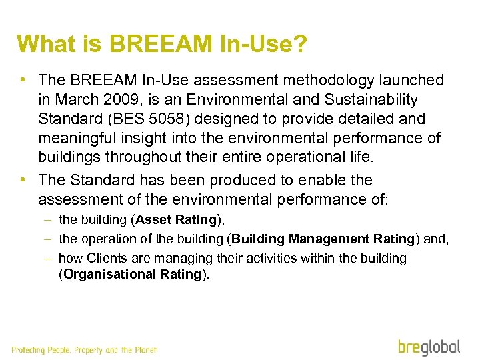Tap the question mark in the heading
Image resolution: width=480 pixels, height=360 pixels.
point(300,44)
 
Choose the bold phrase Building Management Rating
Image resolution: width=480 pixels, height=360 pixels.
point(323,239)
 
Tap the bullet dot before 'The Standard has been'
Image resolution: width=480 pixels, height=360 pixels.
point(23,180)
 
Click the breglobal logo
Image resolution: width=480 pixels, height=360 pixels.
point(429,347)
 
